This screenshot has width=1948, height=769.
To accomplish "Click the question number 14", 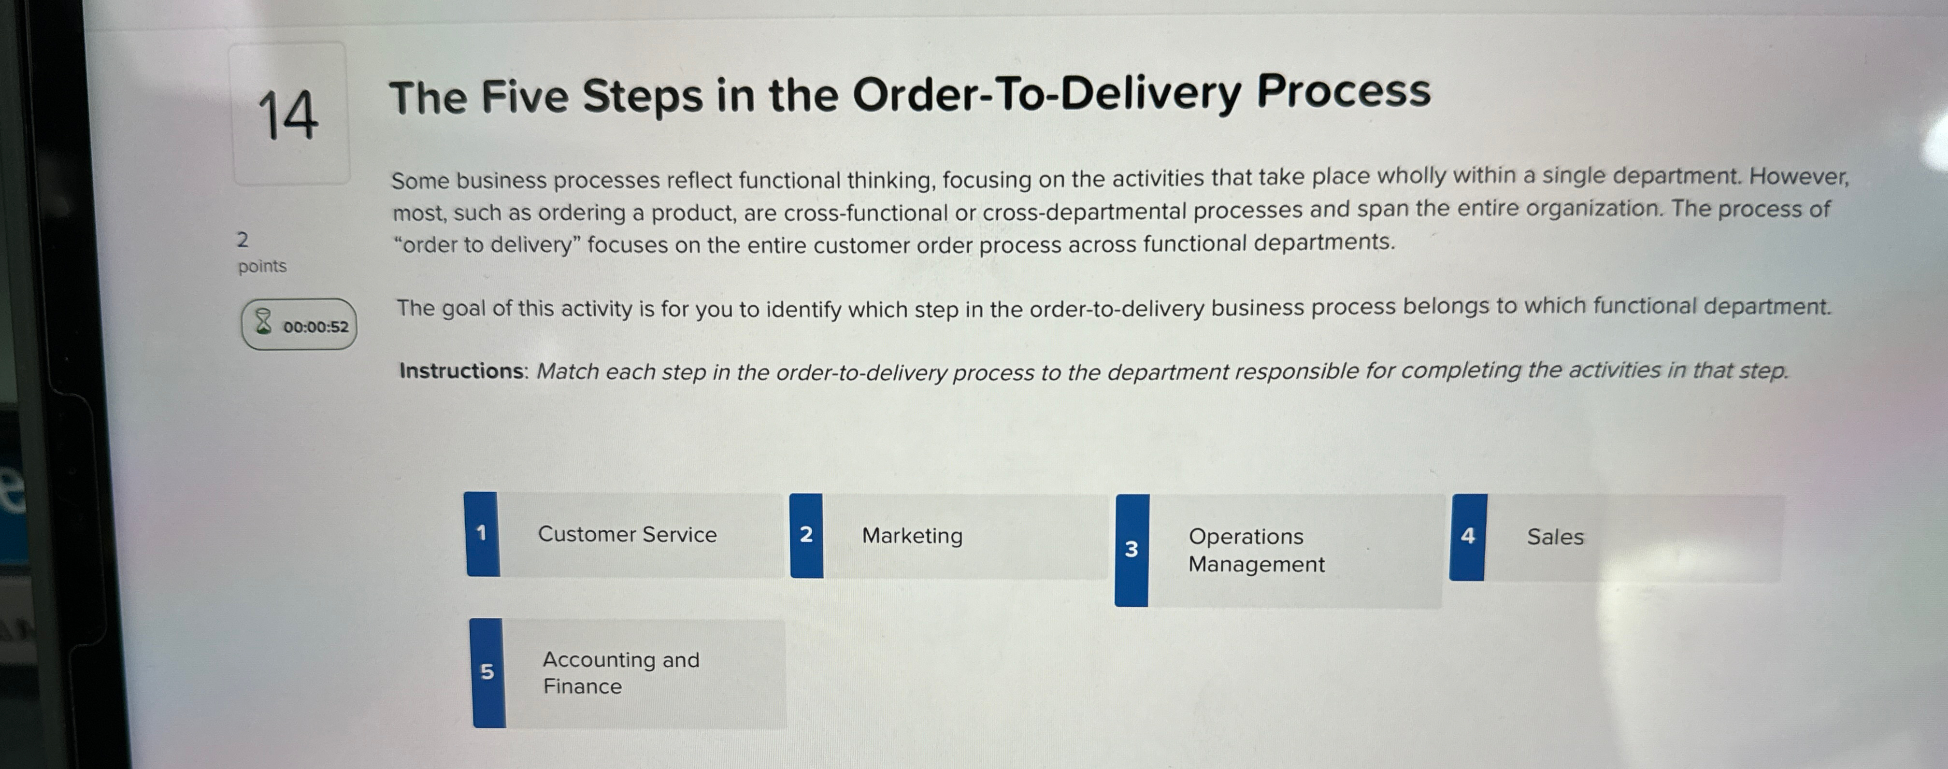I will pyautogui.click(x=287, y=115).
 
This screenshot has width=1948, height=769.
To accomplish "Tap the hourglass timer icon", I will pyautogui.click(x=262, y=322).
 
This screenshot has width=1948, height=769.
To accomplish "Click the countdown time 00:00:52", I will pyautogui.click(x=315, y=327).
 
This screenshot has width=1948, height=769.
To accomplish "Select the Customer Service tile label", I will pyautogui.click(x=627, y=535).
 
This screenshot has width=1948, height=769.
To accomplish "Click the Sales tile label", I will pyautogui.click(x=1555, y=537).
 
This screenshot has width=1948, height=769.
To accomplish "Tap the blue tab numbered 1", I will pyautogui.click(x=482, y=534).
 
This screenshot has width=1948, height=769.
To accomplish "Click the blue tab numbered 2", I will pyautogui.click(x=806, y=535).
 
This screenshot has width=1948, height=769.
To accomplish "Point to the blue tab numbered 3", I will pyautogui.click(x=1132, y=550).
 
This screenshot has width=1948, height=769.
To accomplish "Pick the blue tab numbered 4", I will pyautogui.click(x=1468, y=537).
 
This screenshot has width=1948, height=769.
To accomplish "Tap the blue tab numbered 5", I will pyautogui.click(x=488, y=672).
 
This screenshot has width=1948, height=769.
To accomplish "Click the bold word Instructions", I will pyautogui.click(x=461, y=371).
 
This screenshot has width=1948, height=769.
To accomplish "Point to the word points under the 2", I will pyautogui.click(x=262, y=266).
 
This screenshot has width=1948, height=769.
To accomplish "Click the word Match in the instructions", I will pyautogui.click(x=567, y=372).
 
